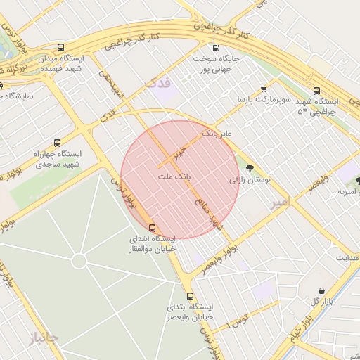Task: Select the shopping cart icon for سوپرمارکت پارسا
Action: point(264,89)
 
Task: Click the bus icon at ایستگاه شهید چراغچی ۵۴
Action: point(316,91)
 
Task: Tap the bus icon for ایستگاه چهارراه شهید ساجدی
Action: point(57,142)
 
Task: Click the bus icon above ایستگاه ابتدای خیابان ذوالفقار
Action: point(153,227)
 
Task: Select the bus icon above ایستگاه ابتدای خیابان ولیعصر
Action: point(190,296)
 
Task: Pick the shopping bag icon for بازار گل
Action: point(321,290)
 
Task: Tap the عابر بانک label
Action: point(217,132)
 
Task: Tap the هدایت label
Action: point(346,258)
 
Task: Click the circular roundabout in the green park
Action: point(79,261)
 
